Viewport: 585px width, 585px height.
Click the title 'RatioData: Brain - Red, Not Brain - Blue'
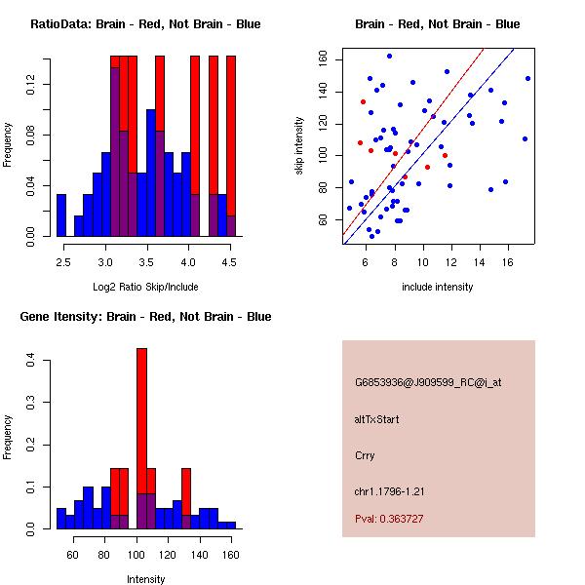point(144,24)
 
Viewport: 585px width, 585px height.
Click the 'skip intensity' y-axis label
point(301,145)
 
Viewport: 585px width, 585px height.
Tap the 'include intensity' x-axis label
point(437,287)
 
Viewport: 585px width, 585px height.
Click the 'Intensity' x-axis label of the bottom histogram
point(145,579)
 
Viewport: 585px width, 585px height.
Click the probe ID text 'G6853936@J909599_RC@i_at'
point(428,383)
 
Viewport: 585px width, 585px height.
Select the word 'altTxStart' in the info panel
point(377,419)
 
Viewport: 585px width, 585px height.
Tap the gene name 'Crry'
point(365,455)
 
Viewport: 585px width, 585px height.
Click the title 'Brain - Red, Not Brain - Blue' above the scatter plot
point(437,24)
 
